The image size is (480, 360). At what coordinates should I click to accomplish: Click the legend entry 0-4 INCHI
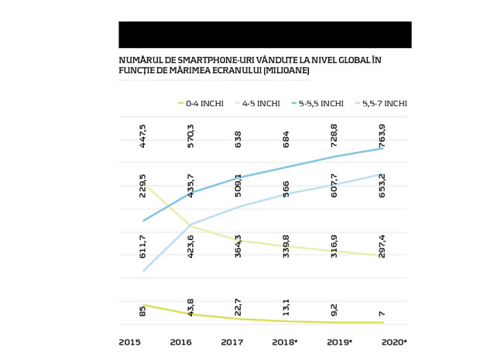pos(201,104)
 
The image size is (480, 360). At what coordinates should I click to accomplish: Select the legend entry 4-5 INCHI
pos(258,104)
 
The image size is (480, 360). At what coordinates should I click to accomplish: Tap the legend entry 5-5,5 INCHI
pos(317,104)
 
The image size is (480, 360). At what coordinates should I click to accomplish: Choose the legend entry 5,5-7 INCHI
pos(381,104)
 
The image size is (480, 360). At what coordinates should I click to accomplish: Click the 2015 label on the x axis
pos(130,342)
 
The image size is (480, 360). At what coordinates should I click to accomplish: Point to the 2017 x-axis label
pos(232,342)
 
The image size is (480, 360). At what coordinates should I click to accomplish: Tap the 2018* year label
pos(285,342)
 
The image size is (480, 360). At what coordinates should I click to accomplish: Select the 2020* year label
pos(394,342)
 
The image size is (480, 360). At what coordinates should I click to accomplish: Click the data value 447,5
pos(142,136)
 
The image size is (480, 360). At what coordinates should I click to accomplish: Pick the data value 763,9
pos(382,136)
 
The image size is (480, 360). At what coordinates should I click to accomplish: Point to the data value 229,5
pos(142,186)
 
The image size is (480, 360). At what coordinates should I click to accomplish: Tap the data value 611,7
pos(142,247)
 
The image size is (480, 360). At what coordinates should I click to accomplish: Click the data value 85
pos(142,310)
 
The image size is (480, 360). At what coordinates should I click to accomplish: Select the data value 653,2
pos(382,186)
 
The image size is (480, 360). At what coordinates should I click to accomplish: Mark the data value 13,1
pos(286,307)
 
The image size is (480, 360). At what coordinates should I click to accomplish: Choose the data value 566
pos(286,190)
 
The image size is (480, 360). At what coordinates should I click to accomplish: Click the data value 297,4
pos(382,247)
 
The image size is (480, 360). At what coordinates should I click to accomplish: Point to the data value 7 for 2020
pos(382,314)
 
